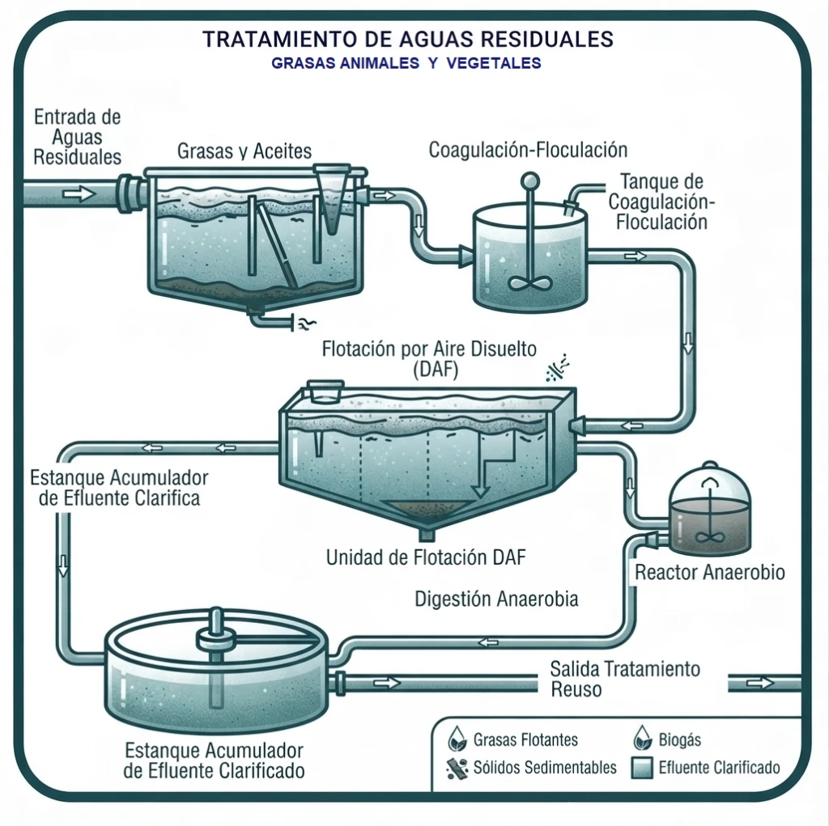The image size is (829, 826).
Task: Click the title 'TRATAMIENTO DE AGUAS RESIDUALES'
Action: [408, 39]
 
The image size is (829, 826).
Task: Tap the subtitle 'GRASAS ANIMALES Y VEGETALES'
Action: [406, 63]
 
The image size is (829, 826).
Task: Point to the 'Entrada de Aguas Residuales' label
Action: [77, 137]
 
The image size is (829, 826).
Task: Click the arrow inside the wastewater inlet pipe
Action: [79, 194]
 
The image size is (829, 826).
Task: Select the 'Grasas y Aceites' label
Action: [244, 151]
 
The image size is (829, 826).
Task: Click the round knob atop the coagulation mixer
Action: [529, 181]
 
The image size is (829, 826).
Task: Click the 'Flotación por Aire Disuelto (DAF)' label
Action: [429, 359]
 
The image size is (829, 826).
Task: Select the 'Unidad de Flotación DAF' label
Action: [426, 557]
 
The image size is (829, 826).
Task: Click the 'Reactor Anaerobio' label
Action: [709, 572]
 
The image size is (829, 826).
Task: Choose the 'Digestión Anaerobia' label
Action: [496, 599]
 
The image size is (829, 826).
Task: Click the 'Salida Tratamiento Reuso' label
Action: [625, 679]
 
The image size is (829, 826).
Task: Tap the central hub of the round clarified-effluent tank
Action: [215, 639]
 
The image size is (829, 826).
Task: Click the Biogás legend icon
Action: [642, 738]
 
